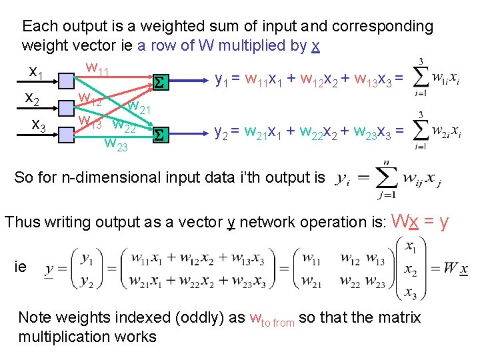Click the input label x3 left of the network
click(x=39, y=125)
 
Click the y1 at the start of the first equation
click(x=222, y=80)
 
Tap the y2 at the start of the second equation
click(x=223, y=133)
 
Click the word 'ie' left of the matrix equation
click(x=21, y=267)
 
